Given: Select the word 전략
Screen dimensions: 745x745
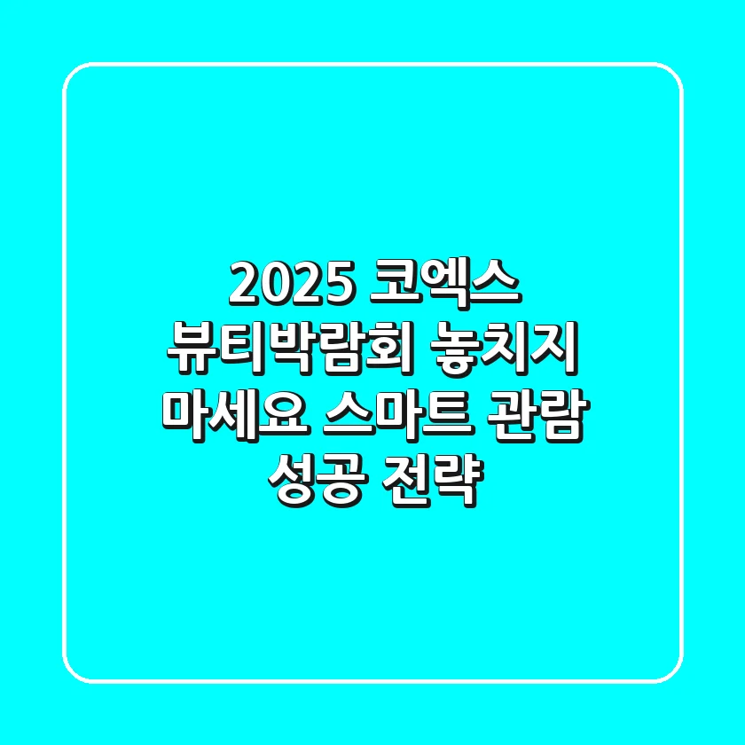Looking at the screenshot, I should click(435, 482).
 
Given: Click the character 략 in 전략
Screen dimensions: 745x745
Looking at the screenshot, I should click(461, 482).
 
